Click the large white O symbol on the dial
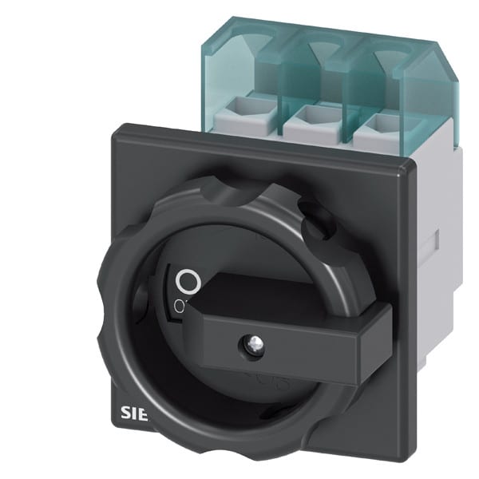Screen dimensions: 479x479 pos(187,280)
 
